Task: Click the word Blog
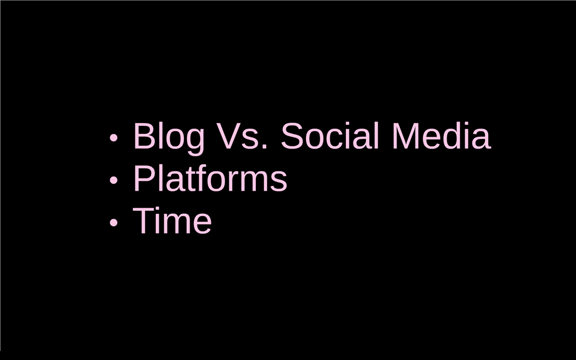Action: (169, 138)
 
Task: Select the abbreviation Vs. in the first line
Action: (241, 136)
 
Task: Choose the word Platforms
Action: (210, 178)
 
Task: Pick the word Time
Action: (172, 220)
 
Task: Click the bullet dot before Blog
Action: (114, 137)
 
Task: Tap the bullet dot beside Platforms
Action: (114, 180)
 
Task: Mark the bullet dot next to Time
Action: (114, 222)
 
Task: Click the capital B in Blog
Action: (145, 136)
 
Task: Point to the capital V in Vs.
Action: (228, 136)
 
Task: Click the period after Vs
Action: (264, 146)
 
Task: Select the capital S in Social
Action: (292, 136)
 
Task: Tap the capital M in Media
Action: (406, 136)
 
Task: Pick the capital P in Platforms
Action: (144, 178)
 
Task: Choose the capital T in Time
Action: (143, 220)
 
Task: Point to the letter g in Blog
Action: (194, 142)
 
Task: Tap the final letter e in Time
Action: (202, 224)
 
